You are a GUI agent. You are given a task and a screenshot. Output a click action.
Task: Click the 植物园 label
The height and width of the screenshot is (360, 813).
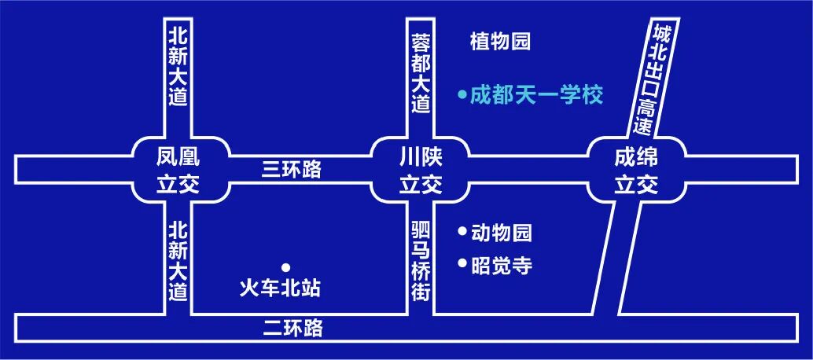(x=500, y=42)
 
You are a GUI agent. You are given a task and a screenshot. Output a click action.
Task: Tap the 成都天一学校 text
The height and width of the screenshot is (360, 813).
(x=536, y=96)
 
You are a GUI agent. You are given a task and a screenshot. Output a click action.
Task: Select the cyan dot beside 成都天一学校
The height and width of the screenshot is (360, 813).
(x=462, y=96)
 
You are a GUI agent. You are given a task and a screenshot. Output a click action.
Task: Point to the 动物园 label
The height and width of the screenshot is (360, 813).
(x=502, y=233)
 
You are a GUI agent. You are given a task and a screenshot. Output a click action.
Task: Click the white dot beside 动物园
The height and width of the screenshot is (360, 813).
(x=462, y=232)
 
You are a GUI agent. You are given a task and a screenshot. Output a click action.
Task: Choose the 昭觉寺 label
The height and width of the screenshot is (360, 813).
(x=502, y=266)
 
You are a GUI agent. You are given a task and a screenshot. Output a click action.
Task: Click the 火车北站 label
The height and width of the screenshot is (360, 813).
(x=280, y=288)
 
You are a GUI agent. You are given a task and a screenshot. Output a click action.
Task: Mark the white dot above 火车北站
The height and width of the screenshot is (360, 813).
(x=285, y=267)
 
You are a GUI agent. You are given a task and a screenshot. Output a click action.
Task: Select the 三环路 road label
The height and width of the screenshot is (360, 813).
(x=292, y=169)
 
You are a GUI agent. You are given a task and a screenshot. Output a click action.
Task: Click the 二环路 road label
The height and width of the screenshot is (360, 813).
(x=292, y=328)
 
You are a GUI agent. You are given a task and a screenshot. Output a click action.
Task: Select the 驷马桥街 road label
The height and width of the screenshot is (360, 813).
(x=421, y=261)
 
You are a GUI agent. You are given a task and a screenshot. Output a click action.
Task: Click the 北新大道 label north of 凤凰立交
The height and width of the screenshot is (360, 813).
(x=178, y=66)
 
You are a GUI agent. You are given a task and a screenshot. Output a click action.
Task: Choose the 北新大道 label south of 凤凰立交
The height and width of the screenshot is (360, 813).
(x=178, y=260)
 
